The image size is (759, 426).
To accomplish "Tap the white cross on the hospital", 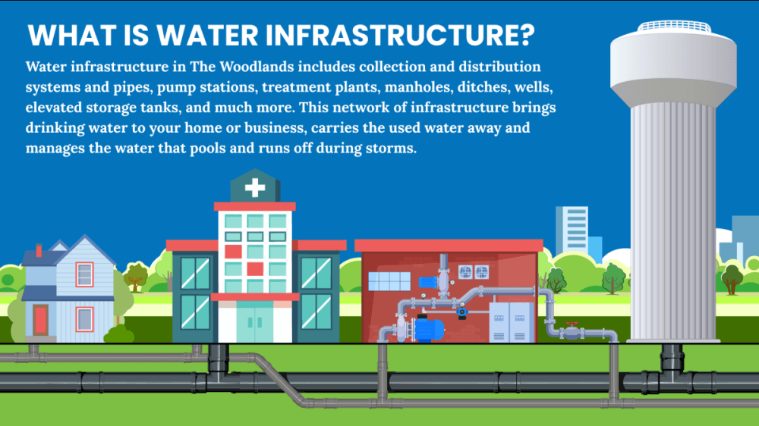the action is [254, 188].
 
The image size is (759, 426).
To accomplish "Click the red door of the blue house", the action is [41, 320].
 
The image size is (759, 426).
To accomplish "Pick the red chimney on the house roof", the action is [39, 250].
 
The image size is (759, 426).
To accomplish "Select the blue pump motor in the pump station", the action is [429, 329].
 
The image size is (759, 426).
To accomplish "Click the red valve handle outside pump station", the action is [572, 324].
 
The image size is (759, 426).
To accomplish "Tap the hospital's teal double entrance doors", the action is [254, 322].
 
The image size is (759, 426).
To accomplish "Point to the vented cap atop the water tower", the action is [674, 26].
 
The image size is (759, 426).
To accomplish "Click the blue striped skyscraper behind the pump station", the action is [572, 231].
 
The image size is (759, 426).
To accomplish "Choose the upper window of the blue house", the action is [84, 274].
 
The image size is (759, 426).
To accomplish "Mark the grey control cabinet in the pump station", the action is [511, 322].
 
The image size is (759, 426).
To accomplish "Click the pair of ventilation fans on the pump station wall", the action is [473, 272].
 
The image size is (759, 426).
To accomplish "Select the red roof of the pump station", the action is [449, 246].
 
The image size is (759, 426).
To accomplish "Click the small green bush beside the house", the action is [119, 334].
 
